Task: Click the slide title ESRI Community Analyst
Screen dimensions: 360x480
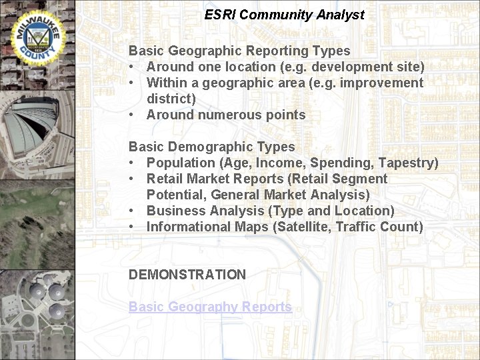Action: [285, 15]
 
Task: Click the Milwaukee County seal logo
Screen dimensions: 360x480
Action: [35, 35]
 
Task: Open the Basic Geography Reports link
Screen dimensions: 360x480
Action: [210, 307]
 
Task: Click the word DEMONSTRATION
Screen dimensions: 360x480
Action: [187, 275]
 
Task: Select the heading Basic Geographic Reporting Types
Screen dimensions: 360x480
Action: [239, 51]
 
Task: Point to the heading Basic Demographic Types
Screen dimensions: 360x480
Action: [211, 147]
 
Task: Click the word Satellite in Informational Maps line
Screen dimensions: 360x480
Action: [299, 227]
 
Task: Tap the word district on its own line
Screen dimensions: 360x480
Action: [171, 99]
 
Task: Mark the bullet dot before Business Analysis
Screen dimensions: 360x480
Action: [133, 211]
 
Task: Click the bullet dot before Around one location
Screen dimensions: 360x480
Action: [133, 67]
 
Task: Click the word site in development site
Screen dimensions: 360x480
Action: [410, 67]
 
